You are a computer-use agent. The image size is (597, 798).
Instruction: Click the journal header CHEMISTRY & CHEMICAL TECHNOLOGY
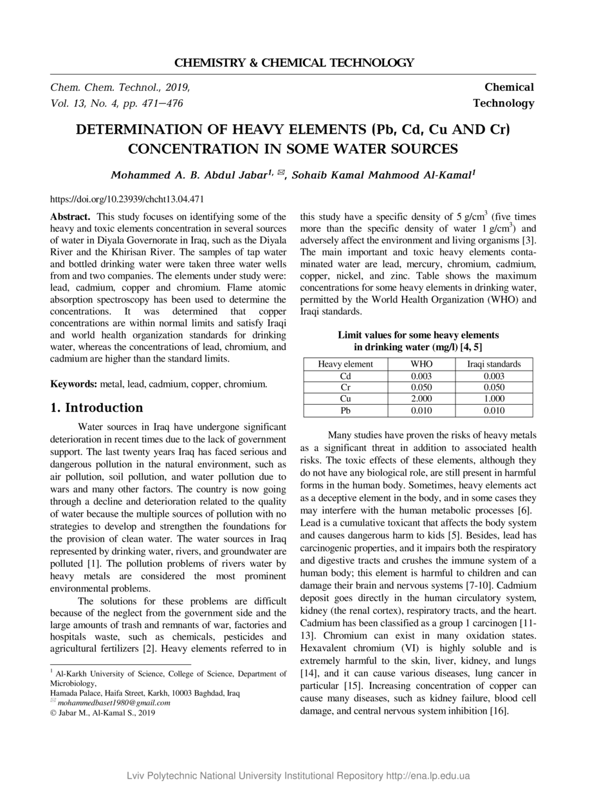294,62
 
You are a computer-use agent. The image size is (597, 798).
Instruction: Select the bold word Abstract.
71,218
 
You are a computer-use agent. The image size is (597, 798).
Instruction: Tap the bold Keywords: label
74,384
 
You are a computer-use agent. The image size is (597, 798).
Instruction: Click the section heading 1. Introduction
96,407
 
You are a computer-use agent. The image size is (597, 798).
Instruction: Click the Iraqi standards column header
493,364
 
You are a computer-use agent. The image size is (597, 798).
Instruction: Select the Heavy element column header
345,364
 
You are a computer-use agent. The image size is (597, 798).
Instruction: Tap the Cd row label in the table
345,376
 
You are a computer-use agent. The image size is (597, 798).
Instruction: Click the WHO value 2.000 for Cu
421,399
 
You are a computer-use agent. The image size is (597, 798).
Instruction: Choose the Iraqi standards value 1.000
493,399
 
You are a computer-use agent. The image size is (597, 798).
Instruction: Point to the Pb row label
345,411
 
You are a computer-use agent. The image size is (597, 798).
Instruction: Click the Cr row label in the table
345,387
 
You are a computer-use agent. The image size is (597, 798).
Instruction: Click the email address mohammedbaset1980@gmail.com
114,703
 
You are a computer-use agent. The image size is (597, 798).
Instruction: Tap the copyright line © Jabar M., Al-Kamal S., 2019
103,712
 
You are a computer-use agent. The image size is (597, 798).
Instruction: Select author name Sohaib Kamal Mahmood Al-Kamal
382,175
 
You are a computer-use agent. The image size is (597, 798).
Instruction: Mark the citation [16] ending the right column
499,711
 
